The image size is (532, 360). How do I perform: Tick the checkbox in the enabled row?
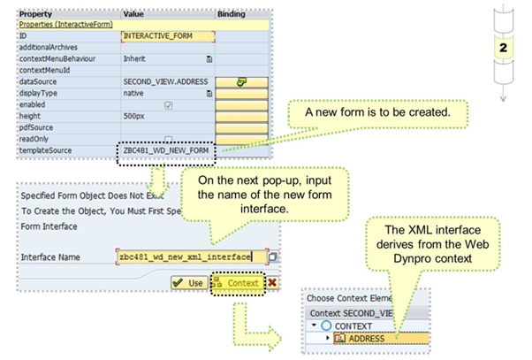169,104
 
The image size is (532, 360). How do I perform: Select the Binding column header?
232,14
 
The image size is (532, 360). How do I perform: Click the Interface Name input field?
189,257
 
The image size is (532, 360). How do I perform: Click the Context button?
238,283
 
